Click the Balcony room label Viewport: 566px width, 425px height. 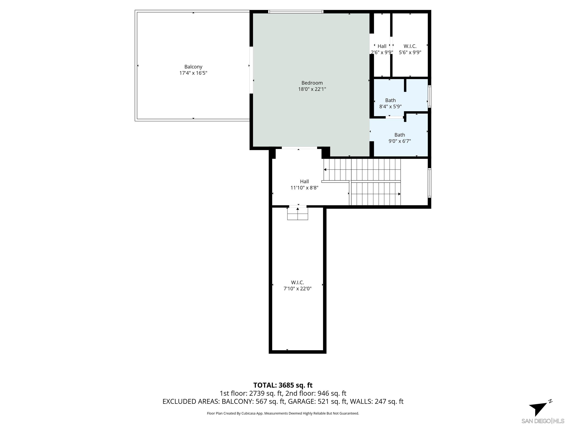pos(193,67)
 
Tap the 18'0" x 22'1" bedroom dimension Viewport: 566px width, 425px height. pos(312,89)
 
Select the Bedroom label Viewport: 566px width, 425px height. pos(312,83)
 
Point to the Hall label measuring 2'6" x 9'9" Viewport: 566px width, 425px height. pos(382,46)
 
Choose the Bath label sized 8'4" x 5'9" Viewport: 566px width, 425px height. pos(390,100)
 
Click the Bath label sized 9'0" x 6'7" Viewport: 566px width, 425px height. pos(399,135)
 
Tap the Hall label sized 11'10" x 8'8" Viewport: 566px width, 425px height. pos(304,181)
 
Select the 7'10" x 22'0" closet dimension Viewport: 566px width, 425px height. pos(297,288)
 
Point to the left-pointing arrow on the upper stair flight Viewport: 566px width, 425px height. pos(325,170)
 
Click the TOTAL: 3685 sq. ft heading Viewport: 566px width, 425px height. pos(283,385)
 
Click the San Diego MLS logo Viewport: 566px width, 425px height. pos(542,421)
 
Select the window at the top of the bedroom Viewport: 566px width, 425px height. pos(296,11)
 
